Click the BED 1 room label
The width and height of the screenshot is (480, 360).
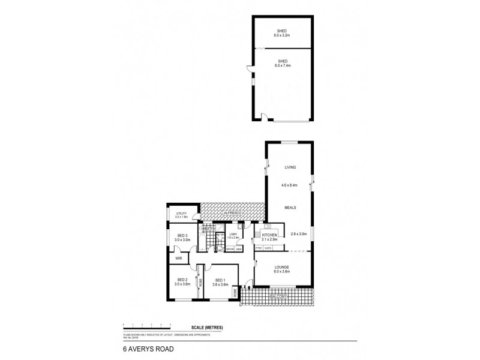220,280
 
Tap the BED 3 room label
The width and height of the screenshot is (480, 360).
182,235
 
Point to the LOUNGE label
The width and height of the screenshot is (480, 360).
282,267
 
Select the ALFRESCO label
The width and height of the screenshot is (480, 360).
233,213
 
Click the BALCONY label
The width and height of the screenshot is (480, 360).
277,296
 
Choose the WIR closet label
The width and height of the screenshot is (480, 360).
178,259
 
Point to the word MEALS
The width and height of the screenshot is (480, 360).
290,208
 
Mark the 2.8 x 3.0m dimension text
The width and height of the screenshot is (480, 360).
299,234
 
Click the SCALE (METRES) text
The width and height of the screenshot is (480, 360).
207,326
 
